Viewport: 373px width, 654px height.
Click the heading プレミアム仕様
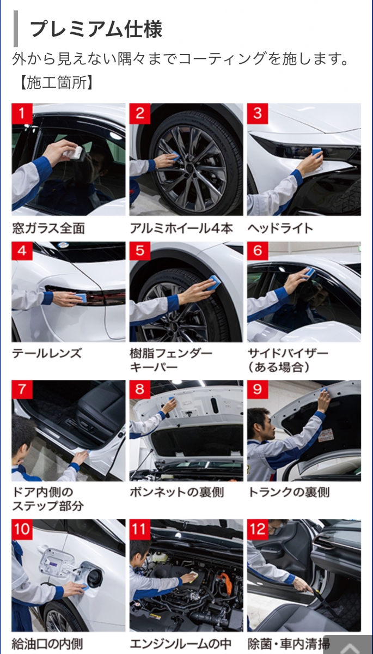pyautogui.click(x=96, y=29)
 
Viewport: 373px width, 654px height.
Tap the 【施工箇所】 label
pyautogui.click(x=56, y=83)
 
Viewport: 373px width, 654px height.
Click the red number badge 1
pyautogui.click(x=22, y=113)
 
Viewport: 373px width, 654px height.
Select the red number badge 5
pyautogui.click(x=140, y=251)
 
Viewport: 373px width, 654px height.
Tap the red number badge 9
pyautogui.click(x=258, y=389)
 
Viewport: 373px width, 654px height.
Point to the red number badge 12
pyautogui.click(x=258, y=529)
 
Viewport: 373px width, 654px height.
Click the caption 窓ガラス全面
pyautogui.click(x=48, y=228)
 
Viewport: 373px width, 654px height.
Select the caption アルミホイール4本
pyautogui.click(x=181, y=228)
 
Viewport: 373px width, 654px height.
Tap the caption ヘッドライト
pyautogui.click(x=280, y=228)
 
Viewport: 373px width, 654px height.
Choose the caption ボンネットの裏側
pyautogui.click(x=177, y=492)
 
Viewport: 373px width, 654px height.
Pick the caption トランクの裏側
pyautogui.click(x=289, y=492)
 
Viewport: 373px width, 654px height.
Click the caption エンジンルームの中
pyautogui.click(x=181, y=644)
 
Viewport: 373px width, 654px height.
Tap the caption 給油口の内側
pyautogui.click(x=47, y=644)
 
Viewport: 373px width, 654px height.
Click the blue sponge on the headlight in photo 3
pyautogui.click(x=317, y=152)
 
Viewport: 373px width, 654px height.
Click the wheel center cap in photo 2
pyautogui.click(x=189, y=168)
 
